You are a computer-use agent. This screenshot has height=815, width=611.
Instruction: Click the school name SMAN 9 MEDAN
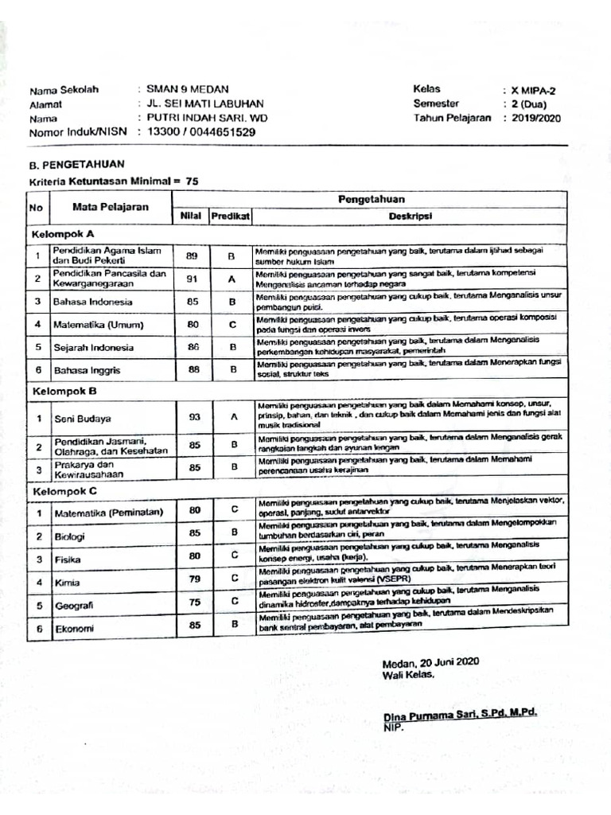coord(182,90)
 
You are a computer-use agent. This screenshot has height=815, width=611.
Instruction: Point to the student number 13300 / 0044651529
coord(201,132)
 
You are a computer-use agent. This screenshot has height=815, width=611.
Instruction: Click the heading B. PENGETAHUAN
coord(76,165)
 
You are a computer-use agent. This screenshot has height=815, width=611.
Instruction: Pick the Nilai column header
coord(190,216)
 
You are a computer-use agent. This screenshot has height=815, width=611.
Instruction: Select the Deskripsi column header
coord(410,216)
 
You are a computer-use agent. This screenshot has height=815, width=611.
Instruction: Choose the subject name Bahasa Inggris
coord(87,371)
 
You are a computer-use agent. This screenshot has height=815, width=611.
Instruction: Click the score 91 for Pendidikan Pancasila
coord(193,279)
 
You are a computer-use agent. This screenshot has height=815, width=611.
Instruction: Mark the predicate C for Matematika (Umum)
coord(232,324)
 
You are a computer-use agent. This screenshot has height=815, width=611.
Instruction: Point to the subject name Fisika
coord(68,560)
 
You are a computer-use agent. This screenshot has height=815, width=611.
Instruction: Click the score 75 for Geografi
coord(195,602)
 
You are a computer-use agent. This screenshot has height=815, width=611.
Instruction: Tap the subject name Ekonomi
coord(74,629)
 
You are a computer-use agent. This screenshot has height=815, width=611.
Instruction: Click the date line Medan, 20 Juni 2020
coord(430,662)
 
